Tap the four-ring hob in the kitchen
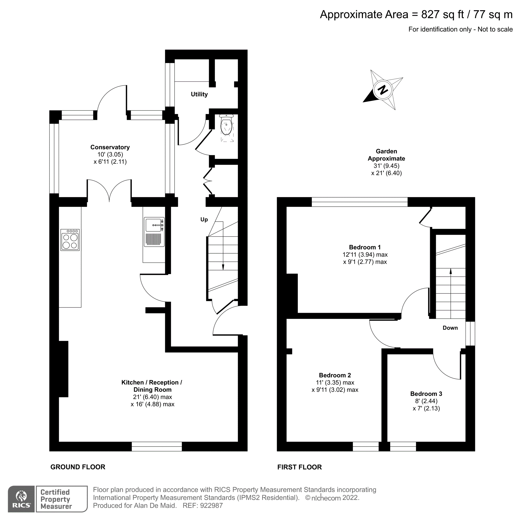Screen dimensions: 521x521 pos(70,240)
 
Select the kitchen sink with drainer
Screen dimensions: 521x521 pos(154,232)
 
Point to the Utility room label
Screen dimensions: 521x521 pos(199,94)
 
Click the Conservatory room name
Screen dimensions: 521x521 pos(110,147)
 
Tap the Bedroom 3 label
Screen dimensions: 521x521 pos(426,394)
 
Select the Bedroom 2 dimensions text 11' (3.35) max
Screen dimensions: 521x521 pos(335,382)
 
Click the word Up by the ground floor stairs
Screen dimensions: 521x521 pos(204,220)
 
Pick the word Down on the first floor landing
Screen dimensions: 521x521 pos(450,328)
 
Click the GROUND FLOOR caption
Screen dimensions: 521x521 pos(78,467)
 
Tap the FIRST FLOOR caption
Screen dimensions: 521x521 pos(299,467)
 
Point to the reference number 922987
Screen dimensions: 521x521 pos(211,506)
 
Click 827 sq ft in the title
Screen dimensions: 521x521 pos(442,15)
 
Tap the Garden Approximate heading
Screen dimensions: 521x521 pos(386,155)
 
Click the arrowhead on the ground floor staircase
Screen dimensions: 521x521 pos(223,267)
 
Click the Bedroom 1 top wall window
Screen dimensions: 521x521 pos(359,202)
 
